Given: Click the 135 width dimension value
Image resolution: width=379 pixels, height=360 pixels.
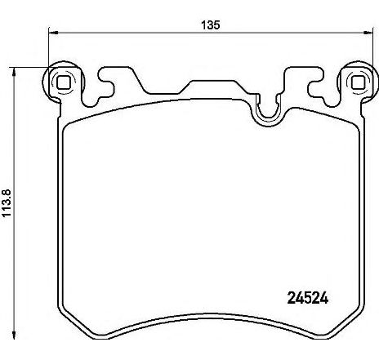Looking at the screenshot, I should click(x=212, y=24).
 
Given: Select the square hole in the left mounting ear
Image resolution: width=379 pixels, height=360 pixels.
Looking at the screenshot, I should click(x=63, y=81).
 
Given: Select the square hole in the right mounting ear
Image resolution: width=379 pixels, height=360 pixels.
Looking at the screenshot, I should click(x=356, y=82).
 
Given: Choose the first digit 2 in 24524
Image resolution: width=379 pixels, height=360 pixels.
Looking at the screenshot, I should click(x=292, y=298).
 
